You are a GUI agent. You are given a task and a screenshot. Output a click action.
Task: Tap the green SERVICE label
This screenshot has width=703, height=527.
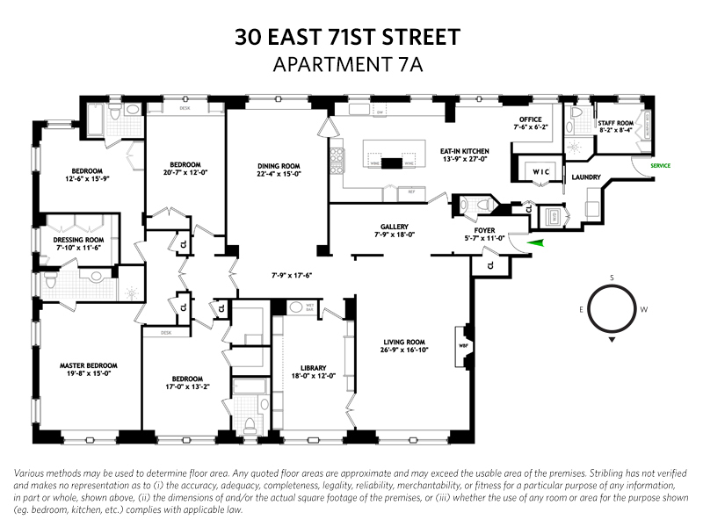[661, 164]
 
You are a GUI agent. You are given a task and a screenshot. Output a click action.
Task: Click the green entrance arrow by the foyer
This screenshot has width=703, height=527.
[535, 242]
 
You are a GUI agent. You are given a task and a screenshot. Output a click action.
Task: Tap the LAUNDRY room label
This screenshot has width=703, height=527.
[585, 177]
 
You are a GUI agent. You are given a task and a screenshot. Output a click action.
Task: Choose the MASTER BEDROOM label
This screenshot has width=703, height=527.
[88, 365]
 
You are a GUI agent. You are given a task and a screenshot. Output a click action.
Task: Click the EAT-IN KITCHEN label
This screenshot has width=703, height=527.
[464, 151]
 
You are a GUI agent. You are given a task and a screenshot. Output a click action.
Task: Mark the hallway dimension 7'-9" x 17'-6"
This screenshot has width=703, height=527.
[291, 275]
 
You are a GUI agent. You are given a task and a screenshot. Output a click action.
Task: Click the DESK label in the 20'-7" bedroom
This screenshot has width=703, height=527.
[185, 108]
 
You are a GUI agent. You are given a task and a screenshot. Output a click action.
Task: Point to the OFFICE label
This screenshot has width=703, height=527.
[528, 119]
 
